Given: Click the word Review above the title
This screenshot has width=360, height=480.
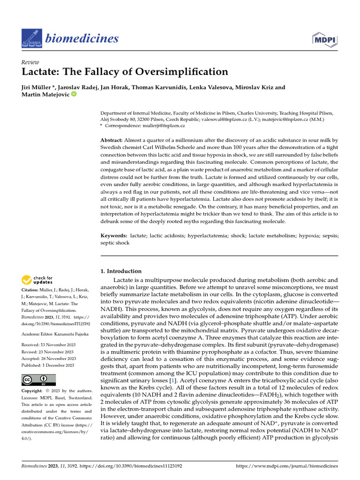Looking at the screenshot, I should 30,62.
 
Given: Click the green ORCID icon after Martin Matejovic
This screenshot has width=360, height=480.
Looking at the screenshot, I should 73,95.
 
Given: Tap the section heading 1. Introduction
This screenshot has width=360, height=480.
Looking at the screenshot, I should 121,271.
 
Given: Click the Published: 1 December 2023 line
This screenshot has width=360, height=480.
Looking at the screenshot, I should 48,365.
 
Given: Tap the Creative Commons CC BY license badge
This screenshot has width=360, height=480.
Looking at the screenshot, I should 39,380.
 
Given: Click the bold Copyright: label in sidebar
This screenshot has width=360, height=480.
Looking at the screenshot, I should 35,391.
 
